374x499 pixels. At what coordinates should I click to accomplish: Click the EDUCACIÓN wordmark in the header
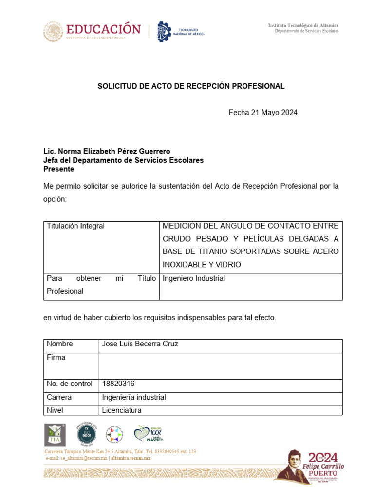(x=103, y=29)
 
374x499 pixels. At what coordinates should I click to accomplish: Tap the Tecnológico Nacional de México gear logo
(x=164, y=32)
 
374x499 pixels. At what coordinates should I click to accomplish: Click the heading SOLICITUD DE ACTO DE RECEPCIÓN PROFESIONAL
(x=191, y=86)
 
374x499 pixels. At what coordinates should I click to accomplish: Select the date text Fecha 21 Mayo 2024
(x=263, y=113)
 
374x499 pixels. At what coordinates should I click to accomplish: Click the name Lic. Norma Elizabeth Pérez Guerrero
(x=107, y=152)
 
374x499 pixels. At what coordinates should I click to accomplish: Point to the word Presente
(x=59, y=169)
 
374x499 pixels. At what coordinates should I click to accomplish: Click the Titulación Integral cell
(x=75, y=226)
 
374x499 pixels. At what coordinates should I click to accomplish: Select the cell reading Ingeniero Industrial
(x=194, y=279)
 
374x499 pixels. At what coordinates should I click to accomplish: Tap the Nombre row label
(x=60, y=344)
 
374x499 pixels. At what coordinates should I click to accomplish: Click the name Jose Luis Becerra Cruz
(x=140, y=344)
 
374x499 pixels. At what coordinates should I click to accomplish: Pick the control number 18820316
(x=118, y=384)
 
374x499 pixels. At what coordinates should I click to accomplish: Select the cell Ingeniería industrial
(x=134, y=398)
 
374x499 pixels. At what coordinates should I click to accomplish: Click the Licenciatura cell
(x=122, y=411)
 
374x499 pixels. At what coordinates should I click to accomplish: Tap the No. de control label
(x=70, y=384)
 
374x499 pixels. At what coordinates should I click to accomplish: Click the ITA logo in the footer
(x=55, y=435)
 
